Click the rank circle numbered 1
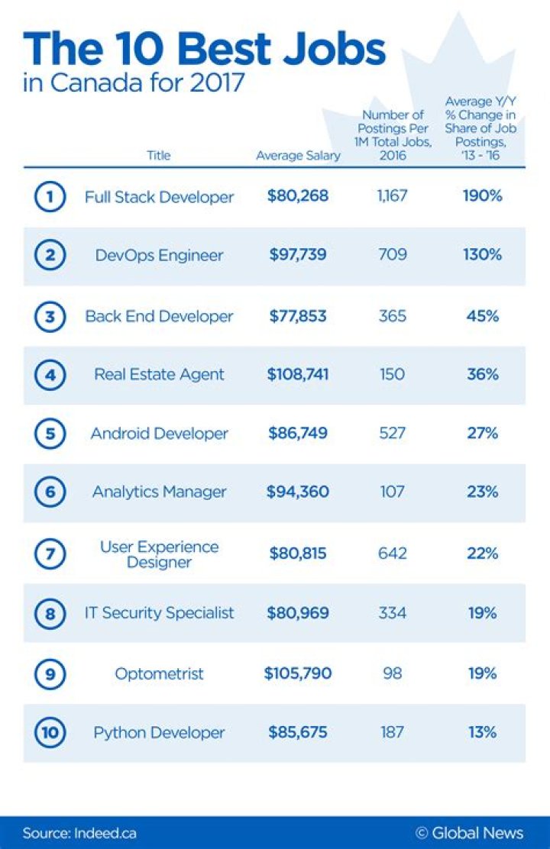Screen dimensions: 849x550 49,197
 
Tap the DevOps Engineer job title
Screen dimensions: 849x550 159,256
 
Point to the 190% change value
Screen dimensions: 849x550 482,196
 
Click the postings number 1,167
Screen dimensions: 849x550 393,196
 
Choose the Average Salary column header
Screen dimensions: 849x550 298,156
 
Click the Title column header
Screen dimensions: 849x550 158,156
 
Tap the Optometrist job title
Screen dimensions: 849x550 159,673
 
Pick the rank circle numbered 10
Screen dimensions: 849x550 49,733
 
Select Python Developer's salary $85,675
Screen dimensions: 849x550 297,733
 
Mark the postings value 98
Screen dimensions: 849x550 393,673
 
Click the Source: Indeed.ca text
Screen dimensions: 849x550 79,833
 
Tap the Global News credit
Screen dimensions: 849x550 469,833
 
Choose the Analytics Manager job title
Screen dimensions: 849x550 159,492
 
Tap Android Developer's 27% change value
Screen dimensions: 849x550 482,434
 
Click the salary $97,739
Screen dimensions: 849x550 297,256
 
